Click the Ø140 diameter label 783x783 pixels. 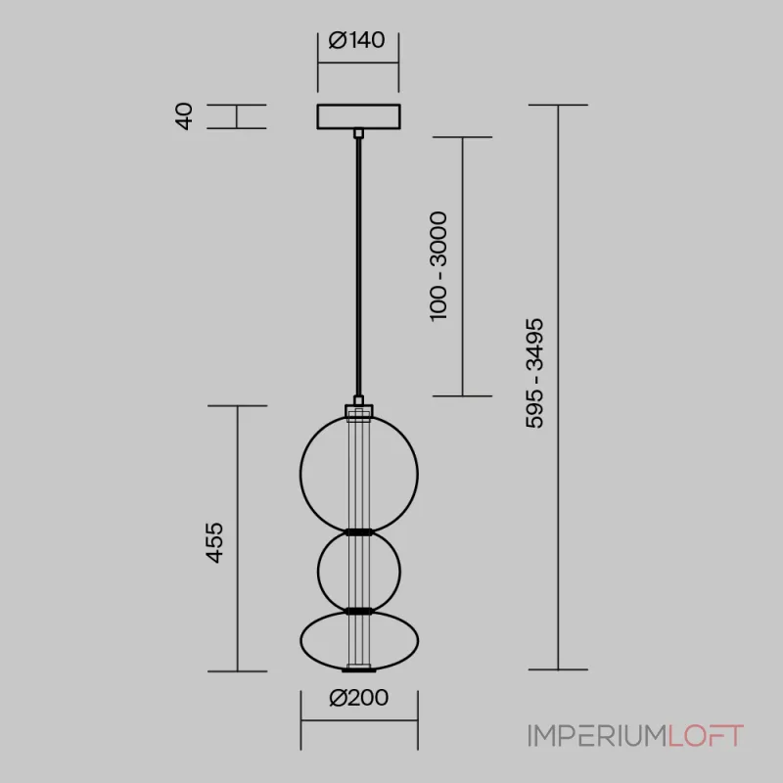tap(356, 40)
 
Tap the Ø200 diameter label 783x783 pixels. tap(358, 698)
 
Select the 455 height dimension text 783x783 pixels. tap(214, 543)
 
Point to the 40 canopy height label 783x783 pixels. tap(184, 116)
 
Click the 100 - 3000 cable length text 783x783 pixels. tap(438, 266)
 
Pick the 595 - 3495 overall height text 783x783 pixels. tap(534, 373)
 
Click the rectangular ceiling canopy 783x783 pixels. tap(358, 116)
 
